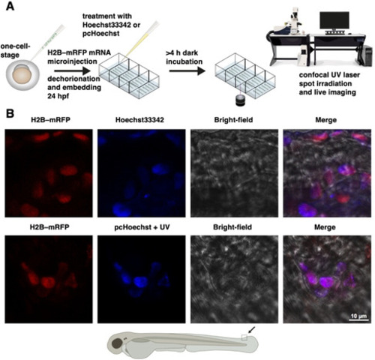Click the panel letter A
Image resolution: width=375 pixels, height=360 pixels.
pyautogui.click(x=10, y=6)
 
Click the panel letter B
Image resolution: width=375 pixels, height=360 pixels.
pyautogui.click(x=10, y=114)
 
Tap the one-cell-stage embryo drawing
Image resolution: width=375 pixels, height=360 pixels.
pyautogui.click(x=22, y=75)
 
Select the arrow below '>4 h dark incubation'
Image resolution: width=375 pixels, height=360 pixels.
pyautogui.click(x=187, y=71)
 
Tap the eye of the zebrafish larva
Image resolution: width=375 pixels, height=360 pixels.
pyautogui.click(x=117, y=343)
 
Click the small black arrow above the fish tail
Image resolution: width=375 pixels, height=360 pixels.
pyautogui.click(x=252, y=330)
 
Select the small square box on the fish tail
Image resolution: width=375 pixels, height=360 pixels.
pyautogui.click(x=244, y=337)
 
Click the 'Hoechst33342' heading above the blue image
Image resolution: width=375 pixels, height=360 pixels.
pyautogui.click(x=139, y=120)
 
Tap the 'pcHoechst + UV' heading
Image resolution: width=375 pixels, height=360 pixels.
pyautogui.click(x=142, y=227)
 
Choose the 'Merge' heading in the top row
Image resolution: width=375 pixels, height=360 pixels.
pyautogui.click(x=325, y=120)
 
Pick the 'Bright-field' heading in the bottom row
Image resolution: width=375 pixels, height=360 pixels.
pyautogui.click(x=232, y=227)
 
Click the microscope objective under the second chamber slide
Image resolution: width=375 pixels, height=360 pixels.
pyautogui.click(x=241, y=101)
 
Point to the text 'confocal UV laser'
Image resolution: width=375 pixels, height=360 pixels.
pyautogui.click(x=329, y=75)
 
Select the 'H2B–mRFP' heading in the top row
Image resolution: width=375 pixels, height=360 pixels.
pyautogui.click(x=51, y=120)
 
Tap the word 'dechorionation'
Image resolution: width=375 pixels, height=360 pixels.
pyautogui.click(x=73, y=79)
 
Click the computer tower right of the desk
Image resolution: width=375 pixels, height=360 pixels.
pyautogui.click(x=368, y=56)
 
